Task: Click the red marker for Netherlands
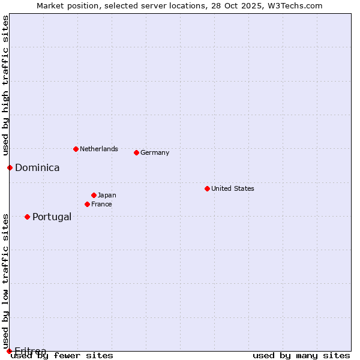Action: click(x=76, y=149)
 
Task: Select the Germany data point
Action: click(x=136, y=152)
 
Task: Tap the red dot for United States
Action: click(x=207, y=188)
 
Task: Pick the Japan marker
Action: click(x=94, y=195)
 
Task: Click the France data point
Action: click(x=87, y=204)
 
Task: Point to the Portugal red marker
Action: click(x=27, y=217)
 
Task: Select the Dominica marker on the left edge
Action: click(x=10, y=167)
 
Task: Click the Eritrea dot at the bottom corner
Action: click(x=9, y=351)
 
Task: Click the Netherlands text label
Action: click(x=98, y=149)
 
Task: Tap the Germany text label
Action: click(x=155, y=152)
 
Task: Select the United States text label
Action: click(x=232, y=188)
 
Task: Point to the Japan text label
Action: click(x=107, y=195)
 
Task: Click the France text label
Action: click(x=101, y=204)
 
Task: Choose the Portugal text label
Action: click(x=52, y=217)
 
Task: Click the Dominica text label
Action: click(x=37, y=167)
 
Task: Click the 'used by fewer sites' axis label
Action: click(x=62, y=355)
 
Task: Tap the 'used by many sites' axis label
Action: click(x=301, y=355)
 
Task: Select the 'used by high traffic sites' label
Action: click(x=5, y=86)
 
